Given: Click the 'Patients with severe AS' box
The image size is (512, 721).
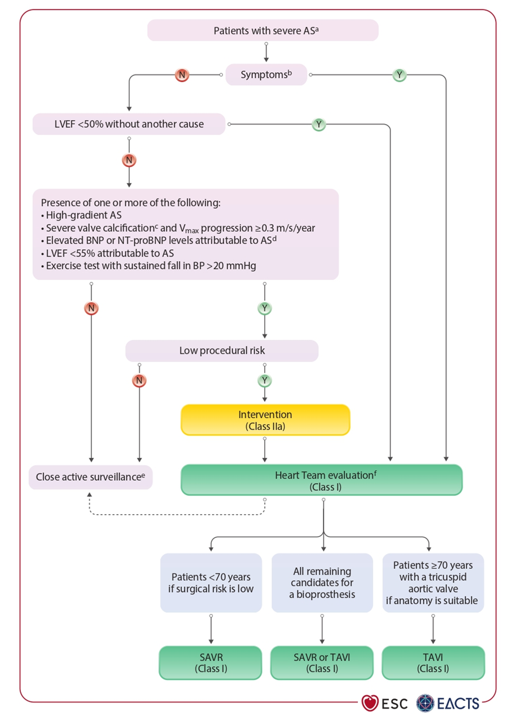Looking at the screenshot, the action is [x=262, y=30].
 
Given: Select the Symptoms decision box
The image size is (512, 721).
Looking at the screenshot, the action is [x=266, y=74].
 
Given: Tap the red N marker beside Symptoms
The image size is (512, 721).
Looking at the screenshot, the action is [x=182, y=75].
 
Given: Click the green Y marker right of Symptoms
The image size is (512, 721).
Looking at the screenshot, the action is [x=400, y=75].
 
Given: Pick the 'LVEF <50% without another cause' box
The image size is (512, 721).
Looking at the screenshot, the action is [x=129, y=124].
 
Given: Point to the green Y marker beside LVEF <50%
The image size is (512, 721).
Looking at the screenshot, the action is [x=319, y=124].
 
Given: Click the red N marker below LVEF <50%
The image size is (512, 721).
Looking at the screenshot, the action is [x=129, y=160].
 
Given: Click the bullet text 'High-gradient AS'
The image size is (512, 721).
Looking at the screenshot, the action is [x=84, y=215].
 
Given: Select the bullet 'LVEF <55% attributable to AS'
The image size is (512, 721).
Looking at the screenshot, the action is [x=110, y=253].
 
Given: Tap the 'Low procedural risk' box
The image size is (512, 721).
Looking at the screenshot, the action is [x=222, y=351].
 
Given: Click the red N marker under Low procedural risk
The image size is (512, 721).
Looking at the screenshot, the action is [x=139, y=381].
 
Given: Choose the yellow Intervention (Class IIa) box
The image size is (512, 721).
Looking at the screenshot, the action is [x=265, y=420].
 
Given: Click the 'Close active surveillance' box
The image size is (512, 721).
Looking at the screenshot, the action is [x=90, y=477].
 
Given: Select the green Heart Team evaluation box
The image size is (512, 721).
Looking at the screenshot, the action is [x=322, y=480].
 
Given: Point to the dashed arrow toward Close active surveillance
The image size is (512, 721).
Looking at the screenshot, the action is [x=177, y=515].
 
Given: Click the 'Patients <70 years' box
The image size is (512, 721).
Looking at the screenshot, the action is [x=211, y=582].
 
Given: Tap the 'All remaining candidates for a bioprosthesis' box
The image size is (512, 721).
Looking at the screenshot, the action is [x=322, y=582].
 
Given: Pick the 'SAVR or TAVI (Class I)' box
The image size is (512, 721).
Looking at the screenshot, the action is [x=322, y=663].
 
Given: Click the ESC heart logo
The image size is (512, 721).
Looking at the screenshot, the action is [x=370, y=703].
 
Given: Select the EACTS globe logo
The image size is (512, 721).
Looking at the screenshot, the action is [x=425, y=703].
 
